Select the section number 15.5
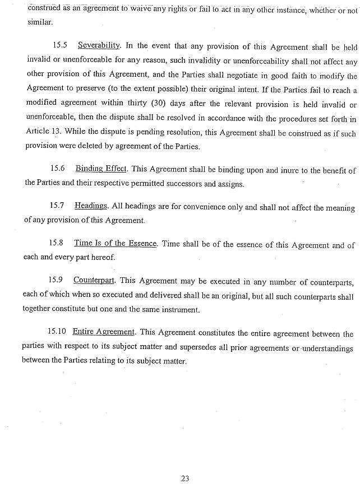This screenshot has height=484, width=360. (x=59, y=44)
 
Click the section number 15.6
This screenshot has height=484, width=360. (x=58, y=168)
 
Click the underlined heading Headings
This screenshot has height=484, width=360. (x=91, y=207)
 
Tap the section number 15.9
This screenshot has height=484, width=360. (x=57, y=280)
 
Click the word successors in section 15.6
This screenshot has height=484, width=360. (x=188, y=183)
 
